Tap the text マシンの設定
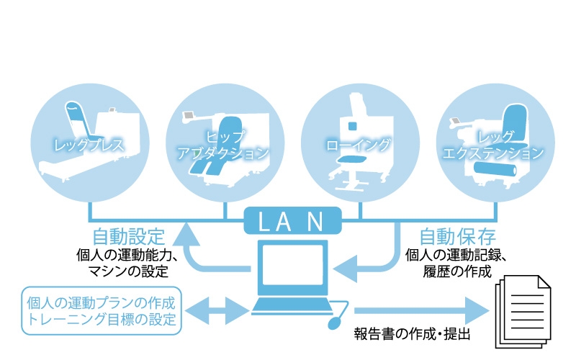tap(130, 271)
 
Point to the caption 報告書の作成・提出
tap(411, 335)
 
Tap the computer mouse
tap(333, 321)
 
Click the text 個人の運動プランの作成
tap(101, 301)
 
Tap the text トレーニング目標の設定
tap(101, 320)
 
